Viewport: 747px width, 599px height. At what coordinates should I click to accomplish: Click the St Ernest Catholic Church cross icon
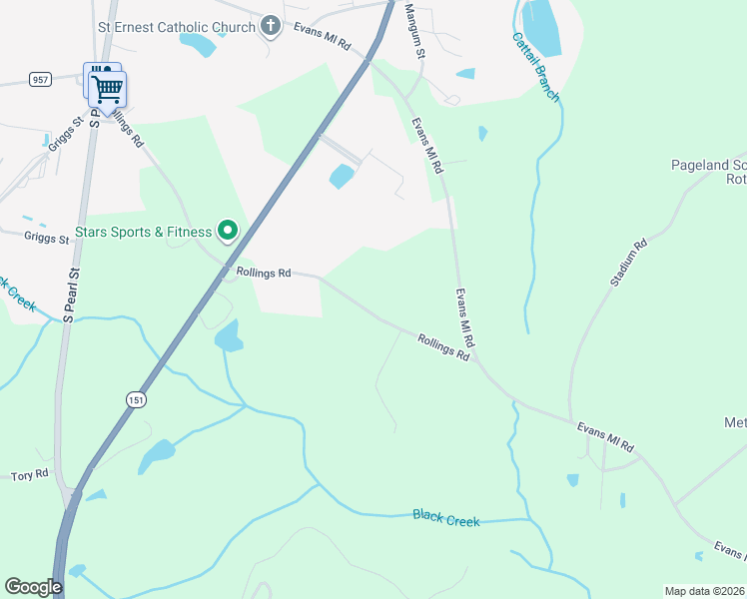[270, 27]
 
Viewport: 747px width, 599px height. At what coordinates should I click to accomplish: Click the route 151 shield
[136, 399]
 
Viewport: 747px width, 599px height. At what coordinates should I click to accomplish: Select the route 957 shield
[40, 79]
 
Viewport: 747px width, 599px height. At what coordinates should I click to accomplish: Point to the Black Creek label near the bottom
[446, 519]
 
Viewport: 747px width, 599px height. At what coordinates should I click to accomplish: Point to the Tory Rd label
[29, 476]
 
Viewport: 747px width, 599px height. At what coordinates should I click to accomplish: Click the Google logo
[33, 586]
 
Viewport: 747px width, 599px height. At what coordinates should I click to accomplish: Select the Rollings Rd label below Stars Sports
[264, 272]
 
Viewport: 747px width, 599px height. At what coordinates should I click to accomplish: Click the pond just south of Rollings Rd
[229, 337]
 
